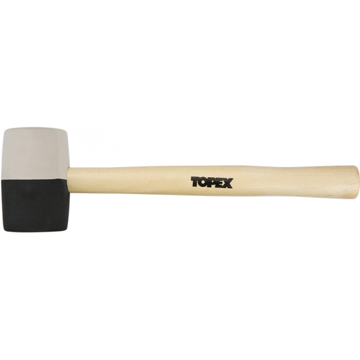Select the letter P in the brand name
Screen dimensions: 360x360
212,182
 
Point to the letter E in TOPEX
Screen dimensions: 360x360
220,182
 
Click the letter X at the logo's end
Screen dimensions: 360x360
228,182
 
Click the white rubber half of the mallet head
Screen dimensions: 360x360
33,152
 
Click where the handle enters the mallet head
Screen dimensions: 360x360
70,180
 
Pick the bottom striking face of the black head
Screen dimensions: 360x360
33,230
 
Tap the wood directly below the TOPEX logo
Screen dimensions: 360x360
211,193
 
